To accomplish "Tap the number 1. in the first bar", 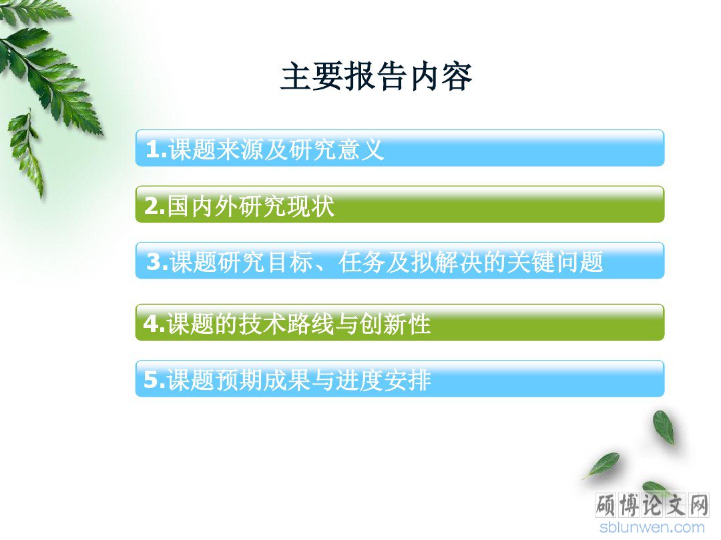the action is click(156, 149).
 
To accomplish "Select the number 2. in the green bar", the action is click(155, 206).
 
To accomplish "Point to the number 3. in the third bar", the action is click(158, 262).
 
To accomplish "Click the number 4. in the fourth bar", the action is click(154, 324).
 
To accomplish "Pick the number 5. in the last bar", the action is click(154, 380).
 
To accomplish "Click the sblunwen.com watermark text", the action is click(652, 527).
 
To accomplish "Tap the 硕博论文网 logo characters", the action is click(652, 505).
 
